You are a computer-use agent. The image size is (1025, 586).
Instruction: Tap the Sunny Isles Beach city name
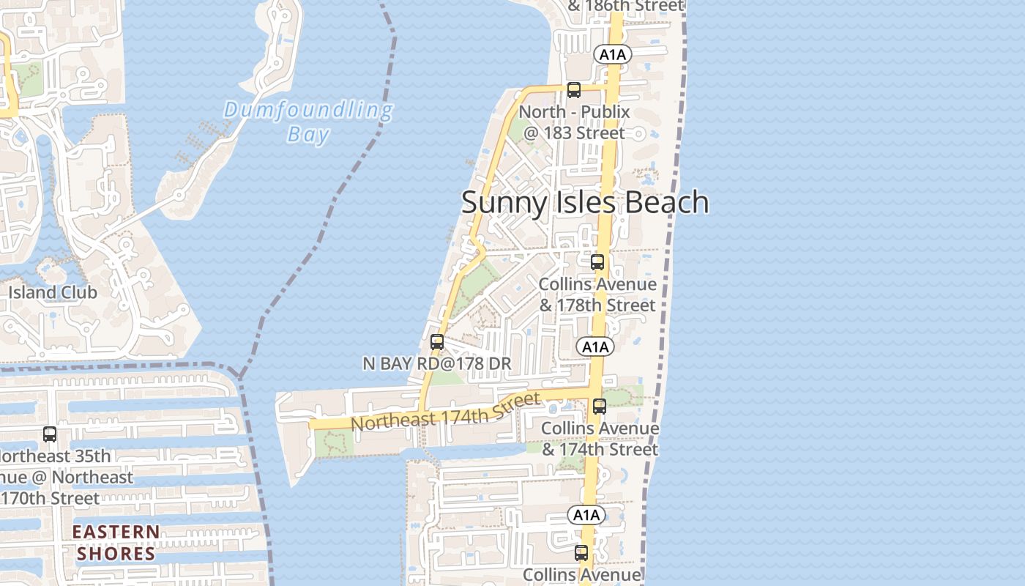[x=584, y=202]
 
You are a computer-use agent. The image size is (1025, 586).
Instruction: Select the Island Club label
[x=53, y=292]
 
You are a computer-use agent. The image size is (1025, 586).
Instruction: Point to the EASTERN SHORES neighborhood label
[x=116, y=543]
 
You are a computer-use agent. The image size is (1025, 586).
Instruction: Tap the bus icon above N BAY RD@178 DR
[x=437, y=342]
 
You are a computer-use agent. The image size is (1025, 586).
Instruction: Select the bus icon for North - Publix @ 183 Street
[x=574, y=90]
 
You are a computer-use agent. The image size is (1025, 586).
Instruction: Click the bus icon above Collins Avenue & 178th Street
[x=597, y=262]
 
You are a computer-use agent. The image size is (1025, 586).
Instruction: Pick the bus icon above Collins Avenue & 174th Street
[x=600, y=406]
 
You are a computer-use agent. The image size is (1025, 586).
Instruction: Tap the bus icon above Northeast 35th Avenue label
[x=50, y=434]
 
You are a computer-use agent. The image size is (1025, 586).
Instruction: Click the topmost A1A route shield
[x=614, y=54]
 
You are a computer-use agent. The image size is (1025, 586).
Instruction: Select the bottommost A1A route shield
[x=586, y=515]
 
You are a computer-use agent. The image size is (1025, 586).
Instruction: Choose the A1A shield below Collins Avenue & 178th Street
[x=594, y=346]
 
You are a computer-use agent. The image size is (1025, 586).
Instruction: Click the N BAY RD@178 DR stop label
[x=437, y=363]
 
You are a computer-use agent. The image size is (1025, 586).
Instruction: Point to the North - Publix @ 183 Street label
[x=574, y=122]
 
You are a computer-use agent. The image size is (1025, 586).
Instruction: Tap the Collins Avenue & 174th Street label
[x=600, y=438]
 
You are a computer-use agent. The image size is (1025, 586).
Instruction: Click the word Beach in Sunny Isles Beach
[x=667, y=202]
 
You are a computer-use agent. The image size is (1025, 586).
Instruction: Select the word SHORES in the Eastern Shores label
[x=116, y=553]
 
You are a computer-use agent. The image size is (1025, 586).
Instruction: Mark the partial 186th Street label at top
[x=625, y=7]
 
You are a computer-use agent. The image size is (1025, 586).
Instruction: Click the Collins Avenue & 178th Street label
[x=597, y=294]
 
